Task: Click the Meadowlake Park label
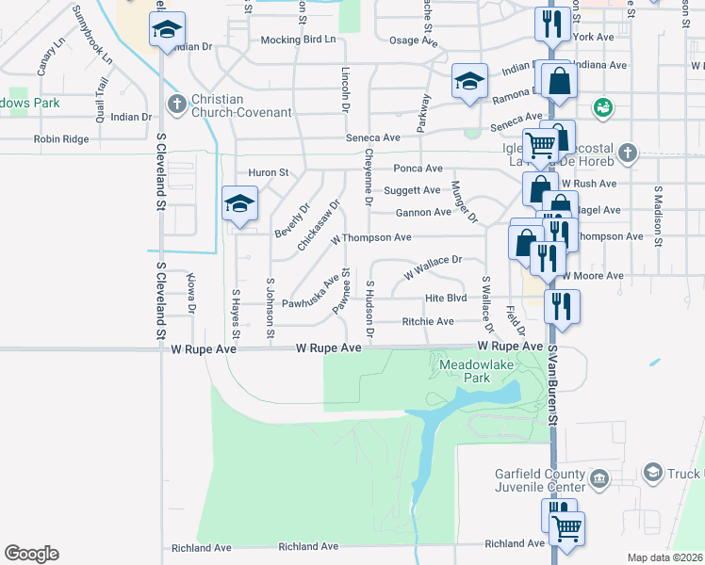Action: tap(464, 370)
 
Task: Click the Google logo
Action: tap(31, 554)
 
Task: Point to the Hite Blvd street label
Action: tap(446, 298)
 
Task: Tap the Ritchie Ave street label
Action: tap(428, 321)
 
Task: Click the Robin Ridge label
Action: tap(61, 139)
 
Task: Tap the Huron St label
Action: tap(268, 172)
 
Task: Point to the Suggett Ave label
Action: tap(412, 190)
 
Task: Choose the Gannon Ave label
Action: tap(423, 212)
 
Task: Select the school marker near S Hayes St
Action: tap(239, 204)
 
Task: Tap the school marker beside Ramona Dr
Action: tap(468, 80)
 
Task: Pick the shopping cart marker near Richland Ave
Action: tap(567, 528)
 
